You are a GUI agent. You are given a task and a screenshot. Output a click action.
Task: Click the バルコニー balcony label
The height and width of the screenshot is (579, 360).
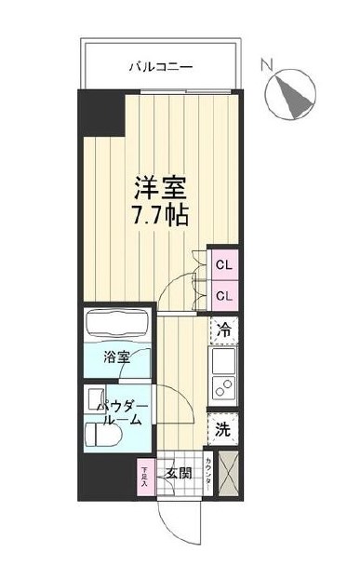160,67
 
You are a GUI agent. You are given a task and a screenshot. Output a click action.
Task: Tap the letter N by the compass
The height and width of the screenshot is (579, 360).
267,65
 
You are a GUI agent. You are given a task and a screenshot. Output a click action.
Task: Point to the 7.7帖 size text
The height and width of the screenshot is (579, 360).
163,217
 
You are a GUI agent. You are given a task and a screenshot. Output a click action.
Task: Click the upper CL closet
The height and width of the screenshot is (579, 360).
224,265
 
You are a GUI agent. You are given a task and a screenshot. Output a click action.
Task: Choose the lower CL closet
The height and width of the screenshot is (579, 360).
224,295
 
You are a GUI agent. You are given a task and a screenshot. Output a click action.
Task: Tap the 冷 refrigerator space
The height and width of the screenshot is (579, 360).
224,329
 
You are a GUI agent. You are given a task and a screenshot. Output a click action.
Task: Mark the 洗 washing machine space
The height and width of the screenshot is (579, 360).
223,430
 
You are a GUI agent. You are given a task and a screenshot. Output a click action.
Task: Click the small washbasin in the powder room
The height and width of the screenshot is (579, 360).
98,401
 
